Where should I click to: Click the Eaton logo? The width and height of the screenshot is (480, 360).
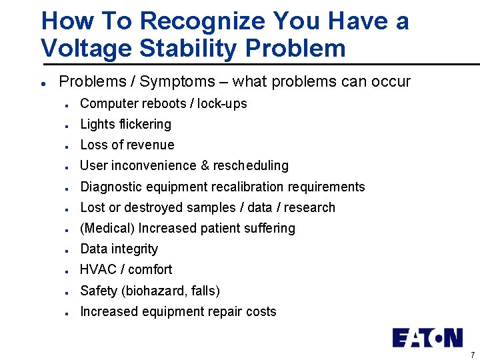coord(427,337)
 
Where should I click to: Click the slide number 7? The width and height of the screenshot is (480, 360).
coord(472,355)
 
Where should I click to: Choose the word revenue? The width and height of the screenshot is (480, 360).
coord(151,145)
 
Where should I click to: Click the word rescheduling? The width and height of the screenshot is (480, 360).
coord(251,165)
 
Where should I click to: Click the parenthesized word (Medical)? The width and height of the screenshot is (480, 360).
coord(107,228)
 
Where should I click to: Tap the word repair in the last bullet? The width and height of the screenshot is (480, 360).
coord(225,311)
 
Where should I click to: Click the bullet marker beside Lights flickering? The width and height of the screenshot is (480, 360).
coord(68,125)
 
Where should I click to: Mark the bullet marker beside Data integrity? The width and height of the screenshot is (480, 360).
coord(68,250)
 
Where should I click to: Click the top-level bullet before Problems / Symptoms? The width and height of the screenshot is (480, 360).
coord(43,83)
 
